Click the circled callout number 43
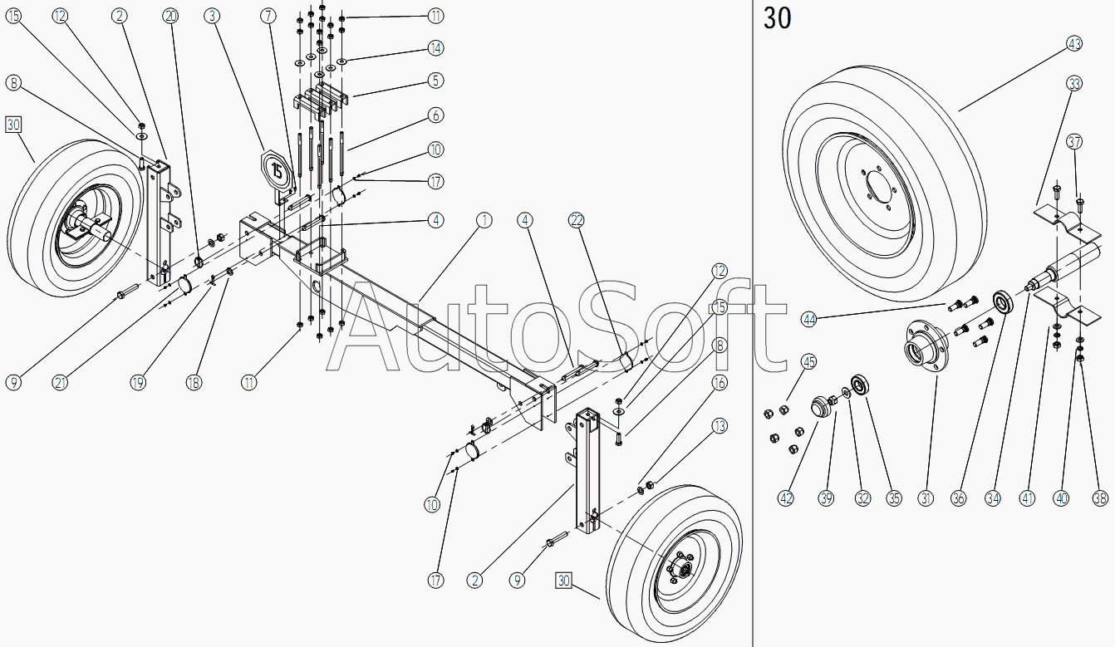(x=1074, y=44)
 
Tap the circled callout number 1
(x=484, y=220)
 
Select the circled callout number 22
(x=577, y=220)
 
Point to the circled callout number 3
(x=212, y=16)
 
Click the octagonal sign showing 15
(x=277, y=171)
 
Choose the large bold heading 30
(x=777, y=18)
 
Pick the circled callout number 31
(x=926, y=498)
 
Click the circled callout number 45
(x=809, y=362)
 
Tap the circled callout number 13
(x=720, y=426)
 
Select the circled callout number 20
(x=170, y=16)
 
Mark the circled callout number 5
(x=435, y=81)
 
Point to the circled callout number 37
(x=1074, y=142)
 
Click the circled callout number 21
(x=60, y=383)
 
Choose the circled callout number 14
(x=435, y=48)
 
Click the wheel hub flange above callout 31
(x=926, y=347)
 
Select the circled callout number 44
(x=809, y=320)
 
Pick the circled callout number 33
(x=1074, y=83)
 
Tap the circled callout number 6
(x=435, y=115)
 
